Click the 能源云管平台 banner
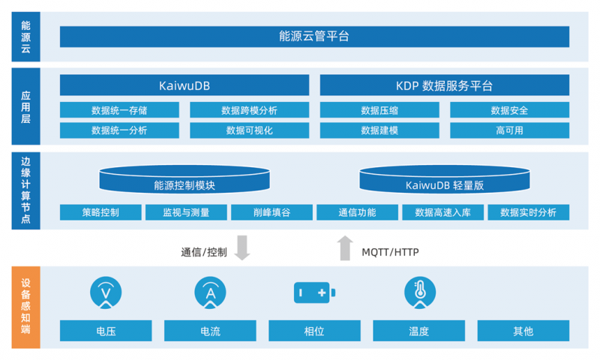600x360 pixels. tap(314, 37)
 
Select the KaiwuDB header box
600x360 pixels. tap(184, 85)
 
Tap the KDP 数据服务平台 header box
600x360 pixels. tap(445, 85)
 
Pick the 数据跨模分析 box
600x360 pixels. tap(250, 110)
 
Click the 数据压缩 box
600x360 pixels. tap(379, 110)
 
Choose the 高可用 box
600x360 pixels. tap(510, 130)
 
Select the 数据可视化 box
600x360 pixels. tap(250, 130)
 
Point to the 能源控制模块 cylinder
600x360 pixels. tap(184, 179)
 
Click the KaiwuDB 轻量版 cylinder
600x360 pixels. tap(445, 179)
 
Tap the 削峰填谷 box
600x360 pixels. tap(271, 212)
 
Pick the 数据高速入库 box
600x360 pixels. tap(443, 212)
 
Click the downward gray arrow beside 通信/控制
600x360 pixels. tap(242, 248)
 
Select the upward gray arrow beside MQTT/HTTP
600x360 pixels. tap(345, 248)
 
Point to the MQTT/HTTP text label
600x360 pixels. tap(390, 252)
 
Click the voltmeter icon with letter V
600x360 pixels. tap(106, 292)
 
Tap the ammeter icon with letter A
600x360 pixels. tap(211, 292)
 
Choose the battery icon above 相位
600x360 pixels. tap(314, 292)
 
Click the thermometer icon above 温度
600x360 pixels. tap(420, 292)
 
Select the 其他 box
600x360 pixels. tap(523, 331)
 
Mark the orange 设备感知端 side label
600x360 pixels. tap(25, 307)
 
